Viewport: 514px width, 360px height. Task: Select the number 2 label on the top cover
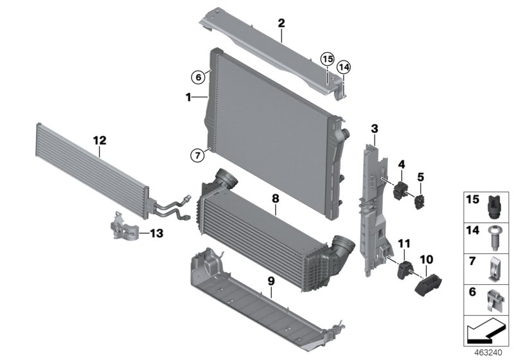(x=281, y=24)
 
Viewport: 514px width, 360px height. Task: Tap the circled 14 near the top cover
(x=344, y=66)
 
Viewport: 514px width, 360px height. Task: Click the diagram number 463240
(x=487, y=353)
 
